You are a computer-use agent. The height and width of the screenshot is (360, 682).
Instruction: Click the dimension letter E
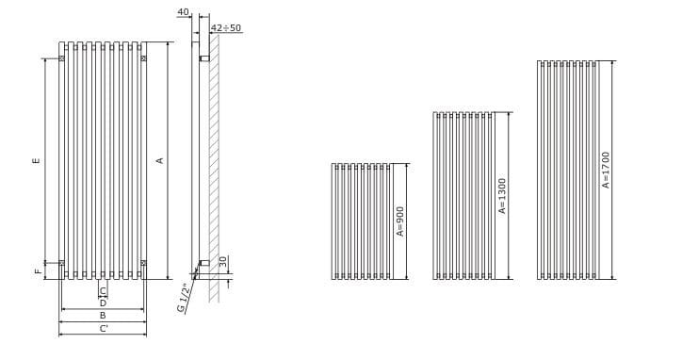(x=36, y=160)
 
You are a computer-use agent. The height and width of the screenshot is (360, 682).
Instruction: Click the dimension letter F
(x=38, y=271)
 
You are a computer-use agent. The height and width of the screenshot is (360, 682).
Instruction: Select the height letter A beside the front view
(x=160, y=160)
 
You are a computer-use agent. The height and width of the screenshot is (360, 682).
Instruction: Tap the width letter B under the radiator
(x=103, y=316)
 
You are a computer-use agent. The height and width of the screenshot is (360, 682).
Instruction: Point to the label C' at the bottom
(x=104, y=328)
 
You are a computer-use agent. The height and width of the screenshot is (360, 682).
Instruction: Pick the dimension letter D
(x=103, y=303)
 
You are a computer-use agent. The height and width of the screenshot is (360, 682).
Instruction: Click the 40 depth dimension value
(x=183, y=12)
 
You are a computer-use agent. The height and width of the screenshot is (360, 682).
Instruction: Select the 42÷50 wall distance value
(x=226, y=28)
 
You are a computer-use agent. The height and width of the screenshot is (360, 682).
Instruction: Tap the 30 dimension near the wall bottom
(x=222, y=261)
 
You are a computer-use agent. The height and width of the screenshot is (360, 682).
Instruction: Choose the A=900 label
(x=400, y=221)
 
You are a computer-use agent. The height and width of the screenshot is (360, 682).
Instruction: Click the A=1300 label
(x=503, y=197)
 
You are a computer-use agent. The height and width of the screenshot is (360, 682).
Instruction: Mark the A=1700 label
(x=607, y=171)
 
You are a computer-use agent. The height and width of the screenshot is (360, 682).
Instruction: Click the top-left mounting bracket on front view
(x=62, y=58)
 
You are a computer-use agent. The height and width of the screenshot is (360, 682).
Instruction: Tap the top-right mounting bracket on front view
(x=143, y=58)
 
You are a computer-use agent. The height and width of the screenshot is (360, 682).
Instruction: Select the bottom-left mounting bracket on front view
(x=62, y=262)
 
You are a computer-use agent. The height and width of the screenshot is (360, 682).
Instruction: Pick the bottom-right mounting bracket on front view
(x=143, y=262)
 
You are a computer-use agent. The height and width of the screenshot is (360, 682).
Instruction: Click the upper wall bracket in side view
(x=203, y=59)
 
